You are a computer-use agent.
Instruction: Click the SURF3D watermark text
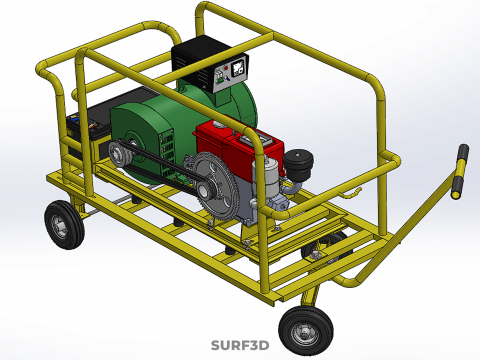click(x=240, y=345)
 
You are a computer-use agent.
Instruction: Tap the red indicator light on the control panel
click(x=226, y=68)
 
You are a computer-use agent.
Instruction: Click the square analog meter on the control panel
click(x=238, y=68)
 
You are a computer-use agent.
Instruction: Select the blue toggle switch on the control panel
click(x=228, y=78)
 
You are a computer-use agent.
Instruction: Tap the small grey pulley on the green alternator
click(x=118, y=154)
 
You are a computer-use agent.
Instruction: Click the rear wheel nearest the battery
click(x=65, y=225)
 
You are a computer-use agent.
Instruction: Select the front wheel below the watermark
click(x=306, y=330)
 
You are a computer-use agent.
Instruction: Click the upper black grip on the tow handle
click(x=463, y=152)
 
